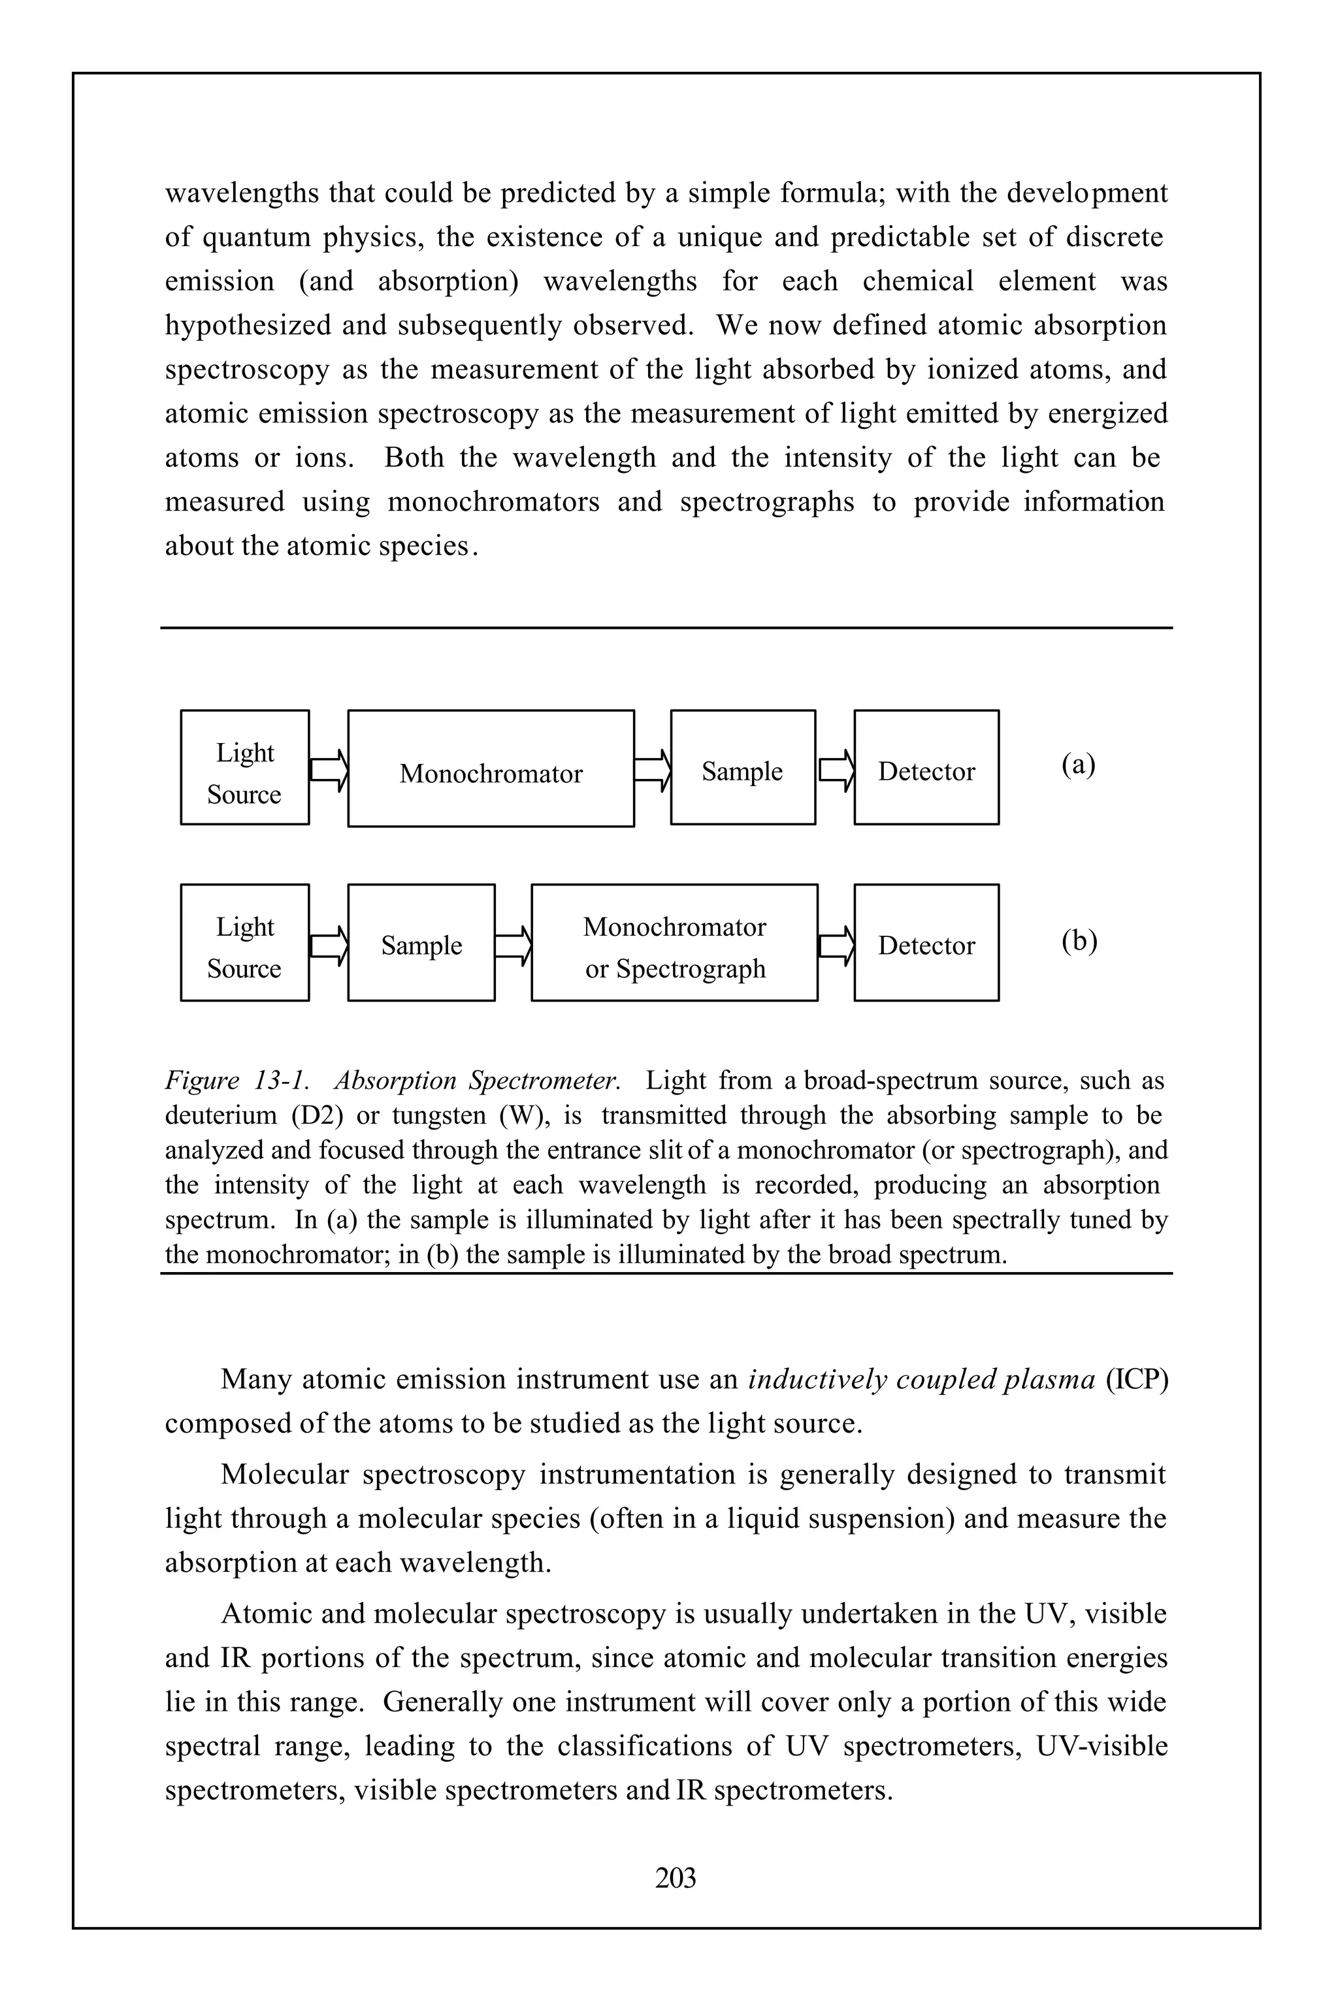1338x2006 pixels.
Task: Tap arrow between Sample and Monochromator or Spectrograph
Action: point(513,946)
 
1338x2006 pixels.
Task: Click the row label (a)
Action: point(1079,764)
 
